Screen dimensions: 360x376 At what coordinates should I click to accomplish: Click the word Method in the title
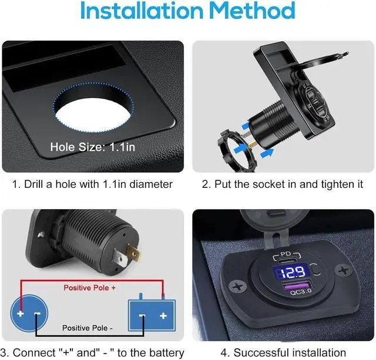(x=253, y=12)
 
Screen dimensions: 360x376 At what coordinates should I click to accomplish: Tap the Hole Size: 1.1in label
(x=92, y=147)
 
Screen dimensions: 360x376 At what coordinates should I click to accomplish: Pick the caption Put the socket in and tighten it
(x=283, y=184)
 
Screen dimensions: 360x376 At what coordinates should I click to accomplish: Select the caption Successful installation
(x=283, y=353)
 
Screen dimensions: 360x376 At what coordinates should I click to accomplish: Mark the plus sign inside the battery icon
(x=163, y=316)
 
